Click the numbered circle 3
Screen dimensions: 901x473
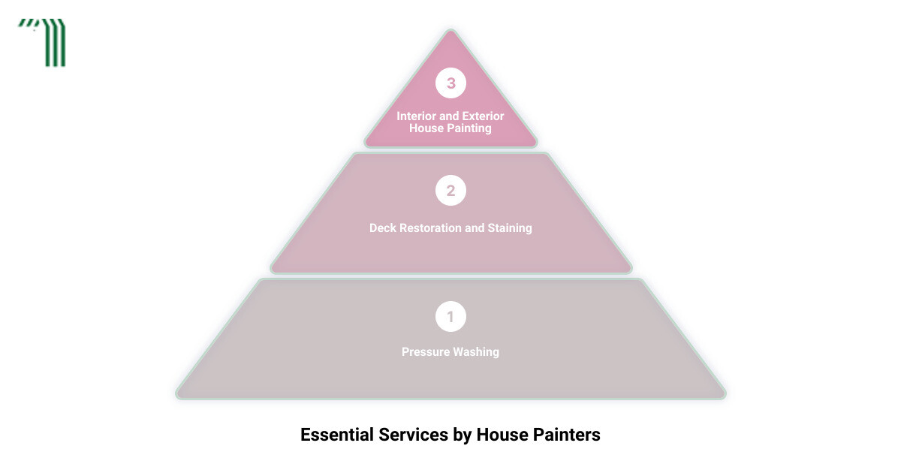pos(450,83)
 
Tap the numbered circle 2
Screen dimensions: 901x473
pos(450,190)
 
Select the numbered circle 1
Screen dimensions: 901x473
pos(450,317)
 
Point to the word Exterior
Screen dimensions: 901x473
pos(483,116)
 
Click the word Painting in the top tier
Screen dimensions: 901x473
pos(471,128)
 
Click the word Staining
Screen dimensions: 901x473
pos(510,228)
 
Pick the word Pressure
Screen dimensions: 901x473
pos(426,352)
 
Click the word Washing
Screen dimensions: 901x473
pos(476,352)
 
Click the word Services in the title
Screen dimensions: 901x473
pos(413,435)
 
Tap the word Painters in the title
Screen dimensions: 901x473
pos(566,435)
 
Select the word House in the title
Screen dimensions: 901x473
pos(502,435)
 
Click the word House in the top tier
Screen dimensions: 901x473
pos(427,128)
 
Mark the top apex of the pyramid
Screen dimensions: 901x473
pos(450,30)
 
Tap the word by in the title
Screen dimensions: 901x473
pos(463,435)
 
